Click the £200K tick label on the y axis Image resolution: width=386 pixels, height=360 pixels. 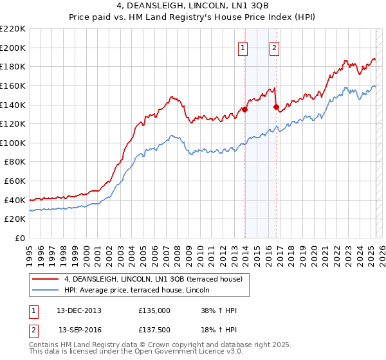coord(13,48)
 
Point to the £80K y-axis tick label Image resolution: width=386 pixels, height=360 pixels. coord(15,162)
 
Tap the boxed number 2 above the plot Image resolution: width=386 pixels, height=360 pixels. coord(274,47)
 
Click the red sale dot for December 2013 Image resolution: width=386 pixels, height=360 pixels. coord(244,109)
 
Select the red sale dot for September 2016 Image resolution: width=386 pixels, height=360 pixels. coord(276,107)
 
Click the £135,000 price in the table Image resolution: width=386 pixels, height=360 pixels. coord(154,310)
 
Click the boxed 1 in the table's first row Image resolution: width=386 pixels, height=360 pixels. coord(33,310)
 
